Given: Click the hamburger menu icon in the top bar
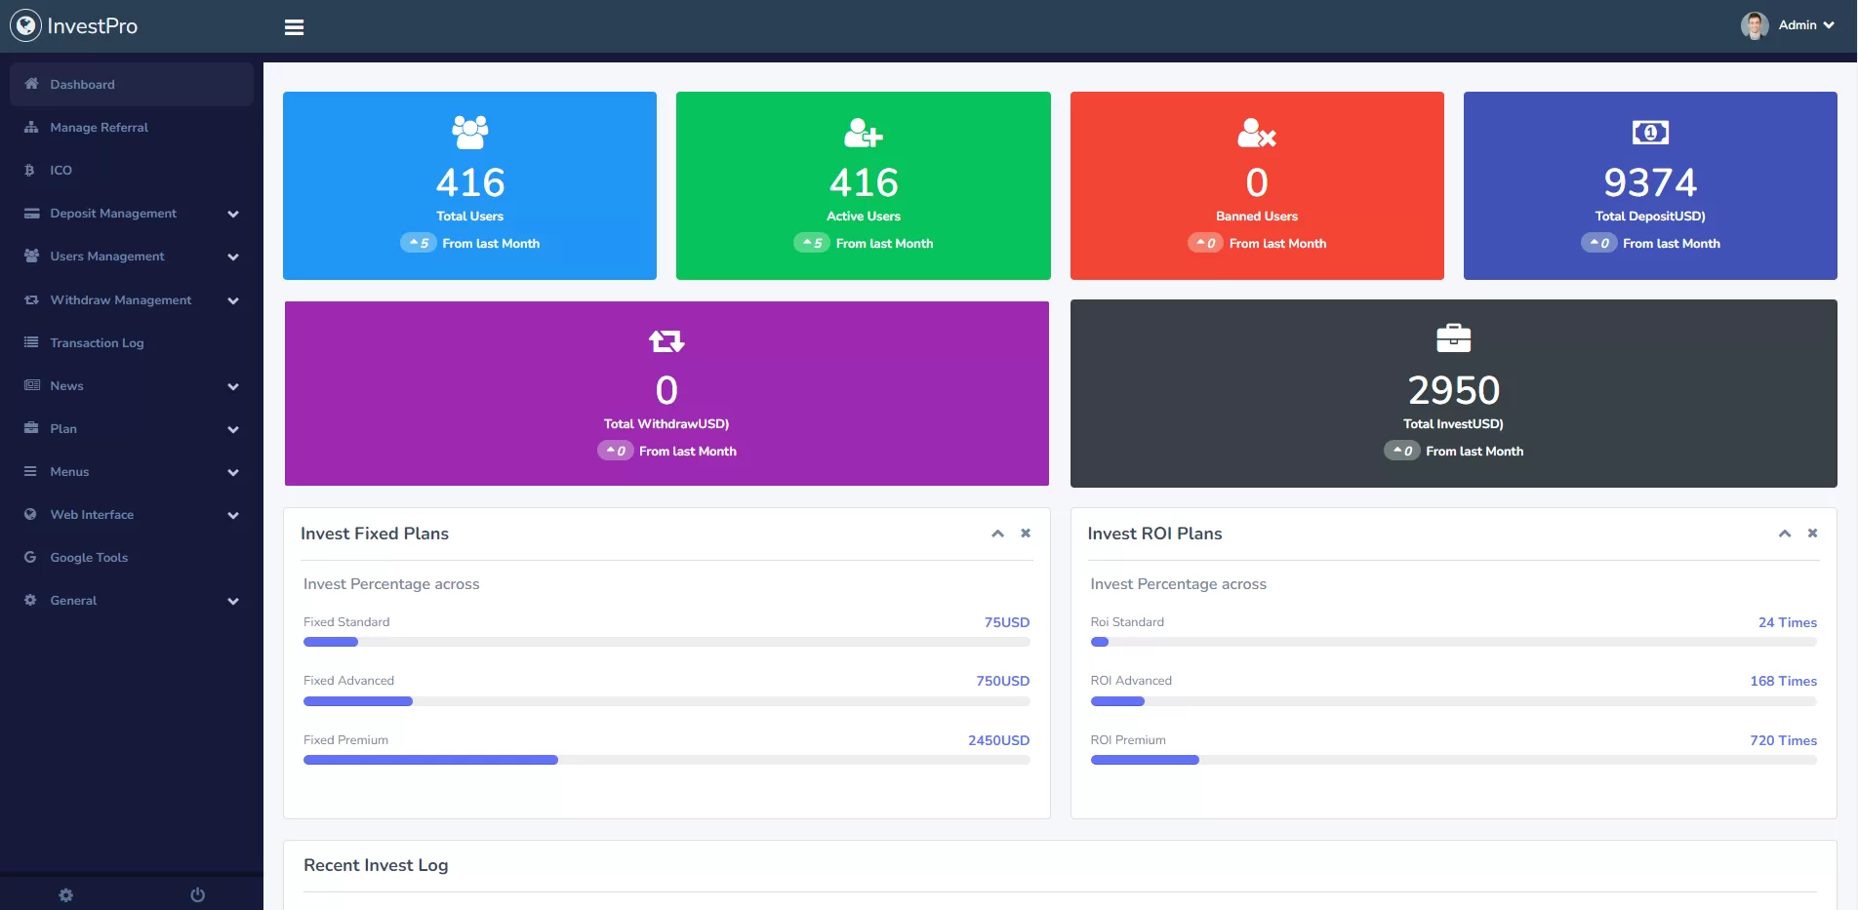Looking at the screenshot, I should pyautogui.click(x=294, y=27).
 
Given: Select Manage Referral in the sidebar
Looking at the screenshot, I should pyautogui.click(x=99, y=128).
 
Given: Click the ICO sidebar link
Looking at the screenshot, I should pyautogui.click(x=61, y=171).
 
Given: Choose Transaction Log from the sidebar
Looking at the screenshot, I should pyautogui.click(x=97, y=343).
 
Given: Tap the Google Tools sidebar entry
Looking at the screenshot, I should pyautogui.click(x=89, y=558).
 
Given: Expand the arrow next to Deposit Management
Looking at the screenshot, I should pyautogui.click(x=233, y=214).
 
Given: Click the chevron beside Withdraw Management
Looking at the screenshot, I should pyautogui.click(x=233, y=300).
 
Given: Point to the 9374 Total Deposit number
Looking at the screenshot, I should pyautogui.click(x=1650, y=182).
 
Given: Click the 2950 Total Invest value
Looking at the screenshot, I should pyautogui.click(x=1453, y=390).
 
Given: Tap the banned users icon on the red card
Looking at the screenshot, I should pyautogui.click(x=1257, y=133).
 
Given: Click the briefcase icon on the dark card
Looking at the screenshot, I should pyautogui.click(x=1453, y=338).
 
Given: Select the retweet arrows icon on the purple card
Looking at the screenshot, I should pyautogui.click(x=666, y=341).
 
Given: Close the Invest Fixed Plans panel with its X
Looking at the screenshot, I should pyautogui.click(x=1026, y=534).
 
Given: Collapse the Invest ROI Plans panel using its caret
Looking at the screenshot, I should pyautogui.click(x=1785, y=534).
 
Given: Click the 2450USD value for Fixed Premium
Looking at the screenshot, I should pyautogui.click(x=998, y=740).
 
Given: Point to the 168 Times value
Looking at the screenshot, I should pyautogui.click(x=1783, y=681).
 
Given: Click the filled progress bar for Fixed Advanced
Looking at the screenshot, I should pyautogui.click(x=358, y=701).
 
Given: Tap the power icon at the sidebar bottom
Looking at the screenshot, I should pyautogui.click(x=197, y=895).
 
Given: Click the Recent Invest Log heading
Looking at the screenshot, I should pyautogui.click(x=376, y=865).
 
